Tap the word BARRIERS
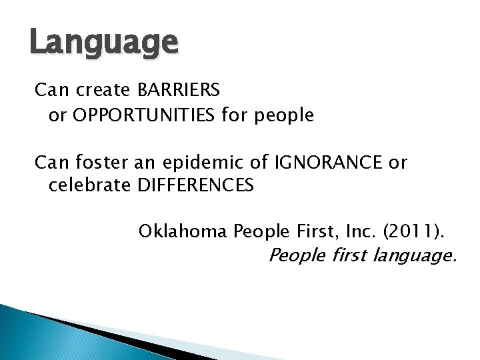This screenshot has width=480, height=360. (179, 89)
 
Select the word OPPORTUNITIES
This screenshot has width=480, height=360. (145, 115)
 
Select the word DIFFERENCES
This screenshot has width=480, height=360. (195, 185)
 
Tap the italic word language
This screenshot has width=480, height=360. (415, 256)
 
